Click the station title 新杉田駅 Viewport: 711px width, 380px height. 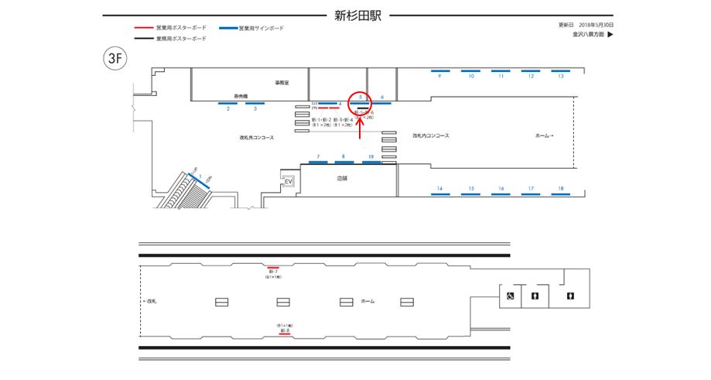(x=357, y=15)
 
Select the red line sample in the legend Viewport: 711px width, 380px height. (x=143, y=28)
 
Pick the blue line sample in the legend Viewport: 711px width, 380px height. (x=227, y=28)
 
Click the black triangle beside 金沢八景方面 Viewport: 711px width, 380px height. (x=610, y=34)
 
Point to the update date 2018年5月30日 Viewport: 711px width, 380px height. (x=596, y=26)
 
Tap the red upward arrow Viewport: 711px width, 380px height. (x=360, y=128)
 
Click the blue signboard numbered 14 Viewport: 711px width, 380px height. (x=439, y=195)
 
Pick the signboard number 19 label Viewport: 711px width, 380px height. (x=371, y=156)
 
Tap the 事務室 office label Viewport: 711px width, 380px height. (x=281, y=82)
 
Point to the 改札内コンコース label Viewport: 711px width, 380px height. (x=431, y=136)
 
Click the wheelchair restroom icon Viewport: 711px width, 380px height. (x=511, y=296)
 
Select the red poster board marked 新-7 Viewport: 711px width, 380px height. (x=273, y=267)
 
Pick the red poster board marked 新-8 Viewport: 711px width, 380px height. (x=285, y=335)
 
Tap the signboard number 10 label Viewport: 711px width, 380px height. (x=470, y=76)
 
